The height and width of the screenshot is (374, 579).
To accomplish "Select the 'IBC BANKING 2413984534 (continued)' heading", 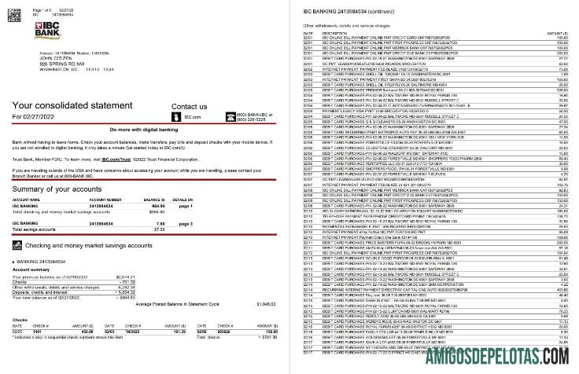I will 345,12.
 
